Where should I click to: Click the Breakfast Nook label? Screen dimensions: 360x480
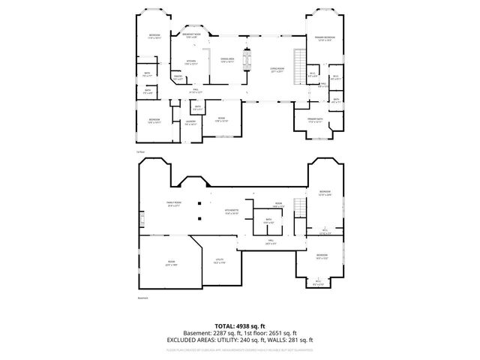click(x=193, y=35)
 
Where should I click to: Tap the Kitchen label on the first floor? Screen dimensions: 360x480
click(x=190, y=61)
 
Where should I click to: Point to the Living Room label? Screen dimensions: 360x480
click(x=277, y=70)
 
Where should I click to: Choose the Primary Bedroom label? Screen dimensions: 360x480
click(x=325, y=38)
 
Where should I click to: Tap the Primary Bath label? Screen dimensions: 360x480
click(x=315, y=119)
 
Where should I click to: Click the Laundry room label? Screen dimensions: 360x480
click(x=190, y=122)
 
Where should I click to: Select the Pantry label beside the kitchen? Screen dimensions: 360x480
click(x=178, y=76)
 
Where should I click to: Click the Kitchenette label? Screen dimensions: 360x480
click(x=231, y=211)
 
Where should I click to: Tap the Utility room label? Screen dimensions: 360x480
click(x=219, y=260)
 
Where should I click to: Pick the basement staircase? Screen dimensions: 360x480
click(x=299, y=207)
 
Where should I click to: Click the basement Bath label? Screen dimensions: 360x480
click(x=268, y=220)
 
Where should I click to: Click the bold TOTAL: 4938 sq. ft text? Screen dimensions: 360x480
click(x=239, y=325)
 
